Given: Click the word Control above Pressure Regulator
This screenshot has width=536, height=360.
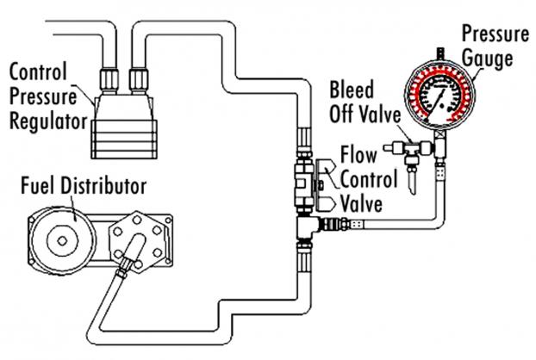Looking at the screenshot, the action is (x=38, y=71).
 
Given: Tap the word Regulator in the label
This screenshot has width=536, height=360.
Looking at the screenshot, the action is (x=48, y=121).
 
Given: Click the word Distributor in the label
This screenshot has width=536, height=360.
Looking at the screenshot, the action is (x=103, y=186).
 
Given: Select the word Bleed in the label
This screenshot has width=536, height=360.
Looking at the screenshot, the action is (x=352, y=90).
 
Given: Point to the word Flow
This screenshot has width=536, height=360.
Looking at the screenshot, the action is (x=358, y=154).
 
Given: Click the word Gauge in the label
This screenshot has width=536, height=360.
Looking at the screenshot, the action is (x=488, y=59).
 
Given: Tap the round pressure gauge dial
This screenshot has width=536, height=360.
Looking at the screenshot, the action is (x=440, y=96).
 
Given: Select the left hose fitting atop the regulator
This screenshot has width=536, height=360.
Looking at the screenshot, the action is (x=109, y=81).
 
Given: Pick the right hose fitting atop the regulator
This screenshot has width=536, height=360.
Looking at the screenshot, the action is (x=139, y=81).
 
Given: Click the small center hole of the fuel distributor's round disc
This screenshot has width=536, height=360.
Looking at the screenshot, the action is (x=62, y=241).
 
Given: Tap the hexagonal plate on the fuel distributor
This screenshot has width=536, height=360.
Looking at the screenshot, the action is (x=137, y=242).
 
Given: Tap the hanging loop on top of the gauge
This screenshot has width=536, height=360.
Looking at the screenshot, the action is (x=440, y=53).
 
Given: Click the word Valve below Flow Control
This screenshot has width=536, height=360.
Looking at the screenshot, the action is (x=361, y=204).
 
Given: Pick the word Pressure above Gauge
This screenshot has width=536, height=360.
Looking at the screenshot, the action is (x=495, y=34).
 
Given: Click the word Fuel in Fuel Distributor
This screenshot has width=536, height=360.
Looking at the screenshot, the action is (x=38, y=186).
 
